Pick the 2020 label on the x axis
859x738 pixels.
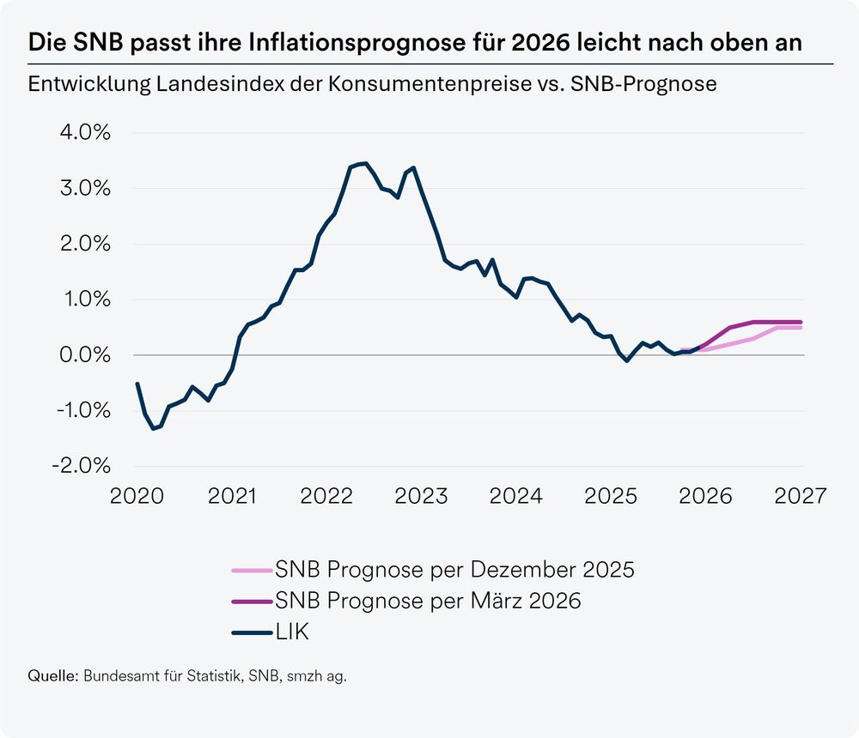pyautogui.click(x=138, y=497)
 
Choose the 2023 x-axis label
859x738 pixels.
pyautogui.click(x=422, y=497)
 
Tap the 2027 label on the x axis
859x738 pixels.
pyautogui.click(x=800, y=497)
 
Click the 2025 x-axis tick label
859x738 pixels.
pyautogui.click(x=611, y=497)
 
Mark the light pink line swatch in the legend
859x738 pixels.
pyautogui.click(x=252, y=570)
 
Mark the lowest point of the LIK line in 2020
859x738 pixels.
pyautogui.click(x=153, y=428)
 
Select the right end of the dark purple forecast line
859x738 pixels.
pyautogui.click(x=801, y=322)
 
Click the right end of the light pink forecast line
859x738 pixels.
pyautogui.click(x=801, y=328)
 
